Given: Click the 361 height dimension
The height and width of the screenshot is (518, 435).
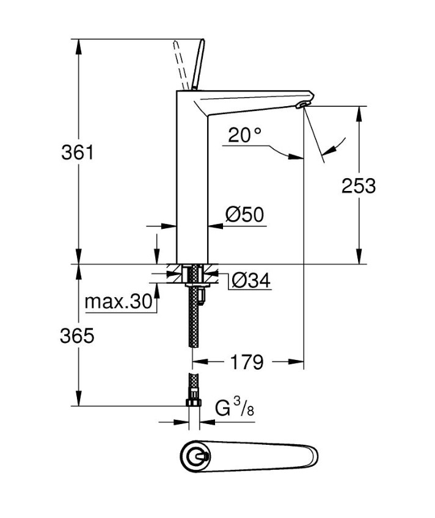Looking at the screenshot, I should [x=78, y=152].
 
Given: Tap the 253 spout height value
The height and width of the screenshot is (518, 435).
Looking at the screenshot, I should [x=359, y=185].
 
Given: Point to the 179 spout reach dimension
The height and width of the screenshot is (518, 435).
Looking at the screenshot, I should [x=248, y=362].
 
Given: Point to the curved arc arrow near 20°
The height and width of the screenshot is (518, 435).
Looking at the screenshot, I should [x=335, y=146].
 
